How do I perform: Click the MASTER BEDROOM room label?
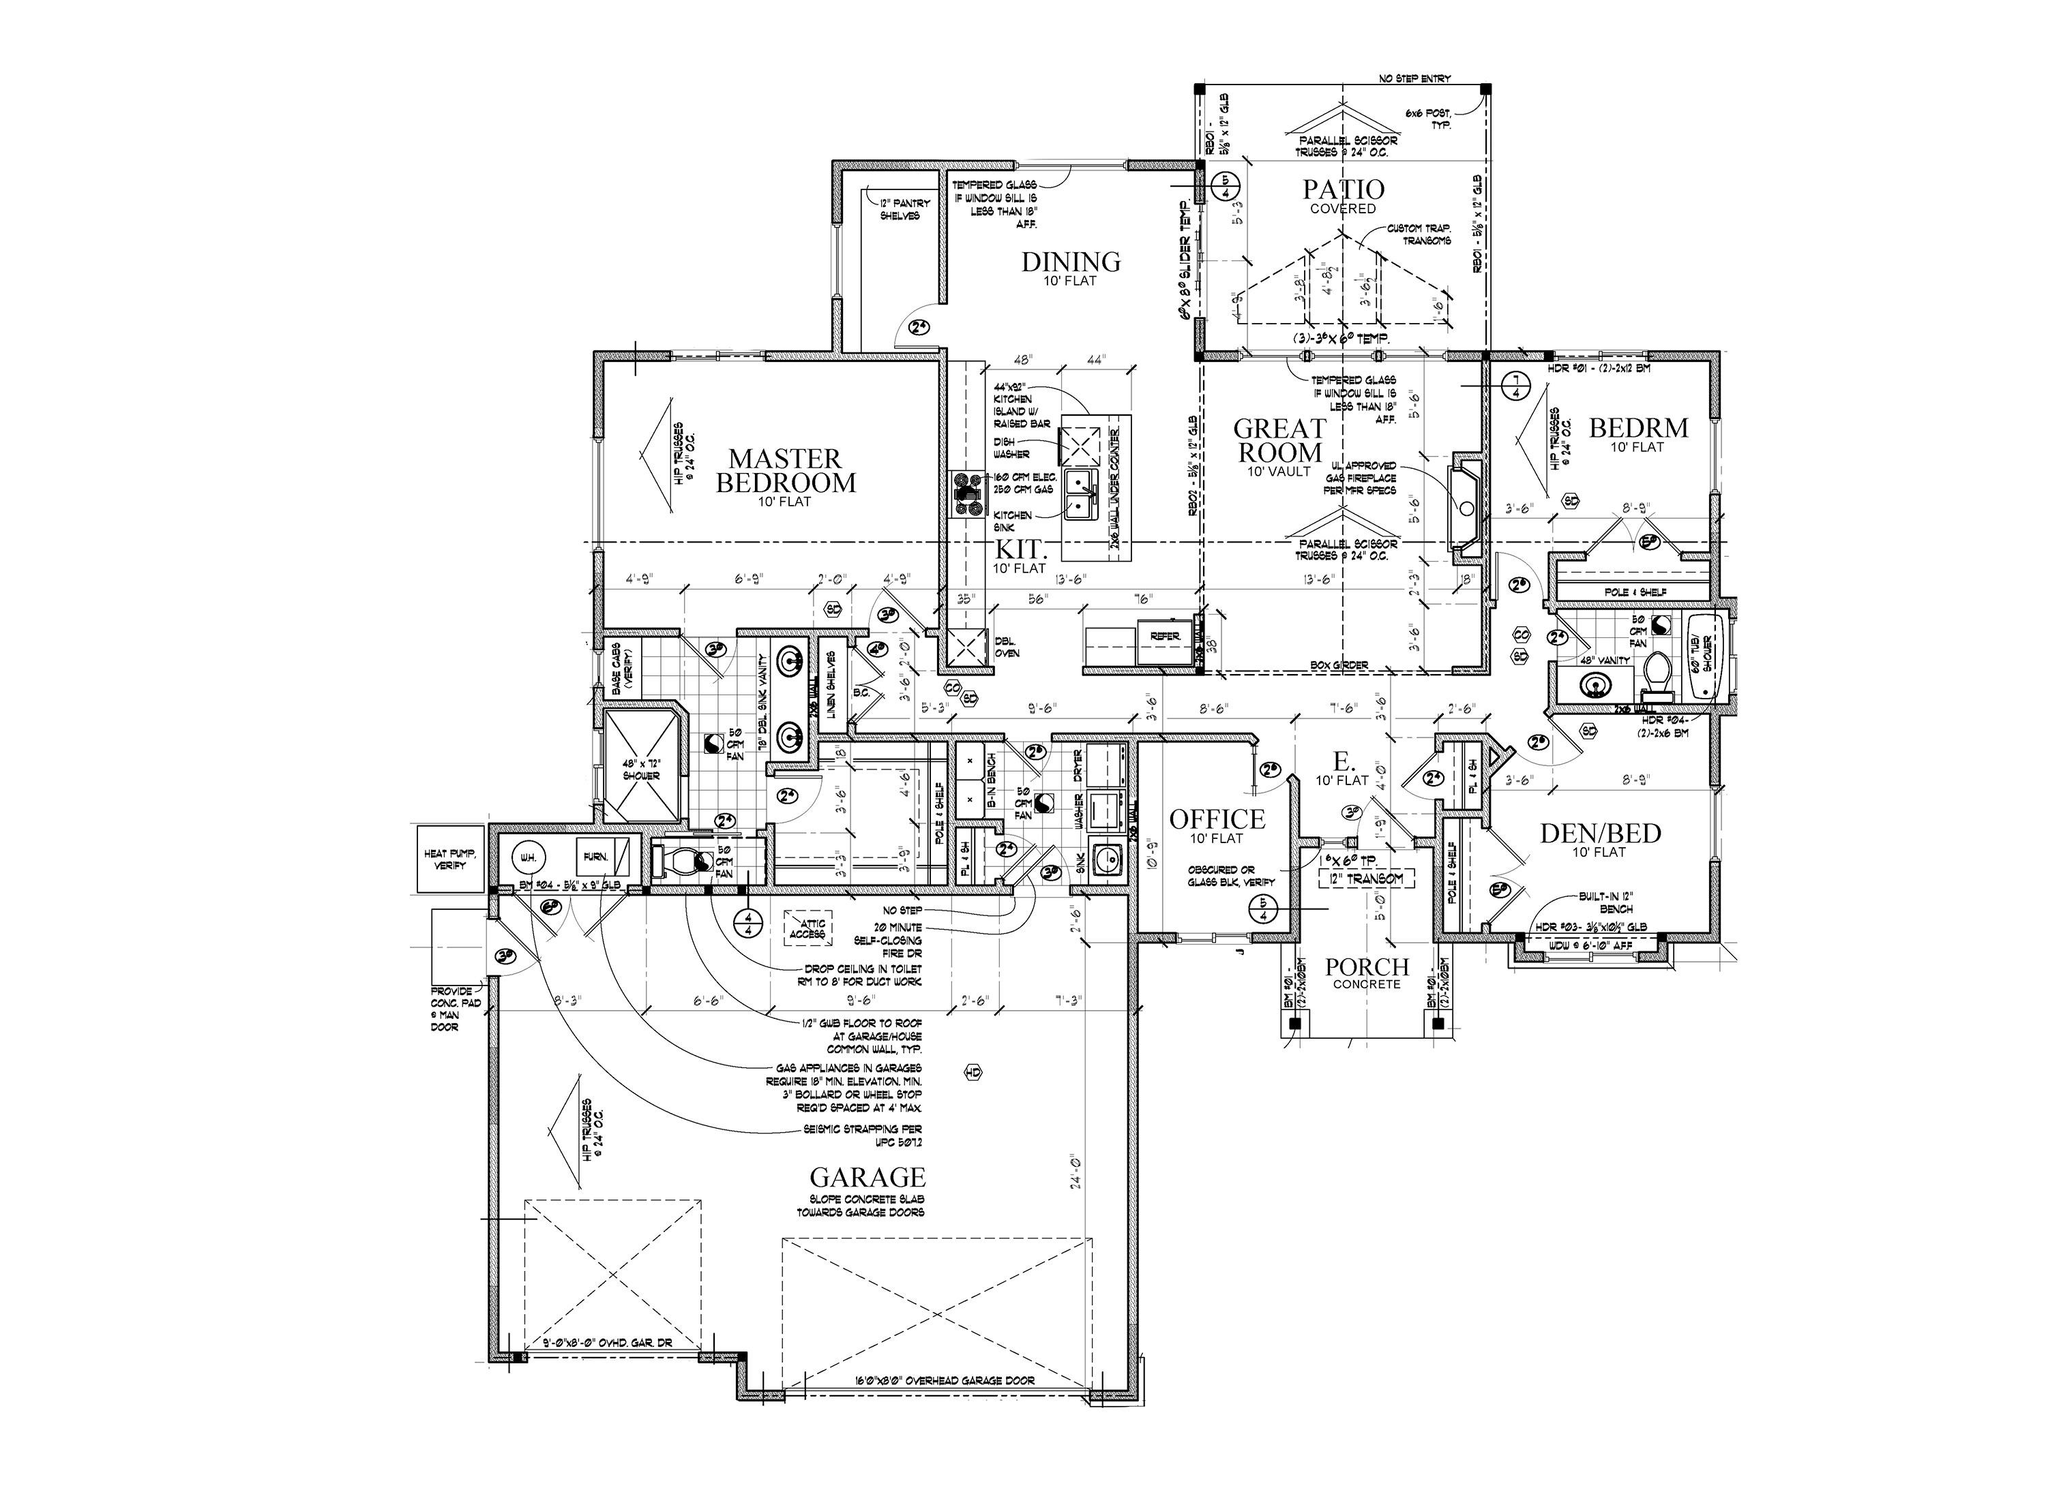(x=786, y=470)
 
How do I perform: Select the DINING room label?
(x=1071, y=262)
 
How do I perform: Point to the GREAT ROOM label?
(x=1279, y=440)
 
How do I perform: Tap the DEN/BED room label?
(x=1600, y=833)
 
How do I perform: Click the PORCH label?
(x=1367, y=966)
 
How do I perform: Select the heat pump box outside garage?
(x=449, y=859)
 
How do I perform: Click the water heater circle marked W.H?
(x=528, y=857)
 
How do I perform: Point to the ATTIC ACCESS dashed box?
(x=807, y=929)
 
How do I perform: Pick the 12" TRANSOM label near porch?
(x=1366, y=879)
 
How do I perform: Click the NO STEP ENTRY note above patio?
(x=1414, y=78)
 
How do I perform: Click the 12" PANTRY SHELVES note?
(x=904, y=209)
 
